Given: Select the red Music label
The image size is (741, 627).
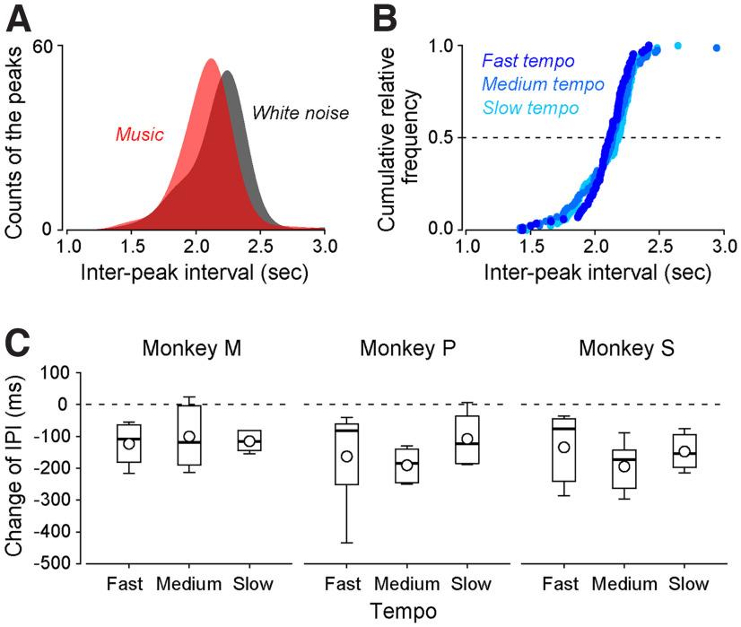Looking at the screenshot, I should pos(140,135).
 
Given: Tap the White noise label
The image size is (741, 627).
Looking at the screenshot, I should pos(300,113).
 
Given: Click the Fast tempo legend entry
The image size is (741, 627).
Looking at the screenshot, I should pos(527,62).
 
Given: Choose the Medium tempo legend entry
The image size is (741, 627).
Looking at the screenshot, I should pos(542,84).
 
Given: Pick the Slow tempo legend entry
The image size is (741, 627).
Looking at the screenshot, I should pos(529,108).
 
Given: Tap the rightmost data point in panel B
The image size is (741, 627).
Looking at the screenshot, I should pos(716,48).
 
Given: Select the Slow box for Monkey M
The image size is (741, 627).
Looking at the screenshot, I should pos(248,440).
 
